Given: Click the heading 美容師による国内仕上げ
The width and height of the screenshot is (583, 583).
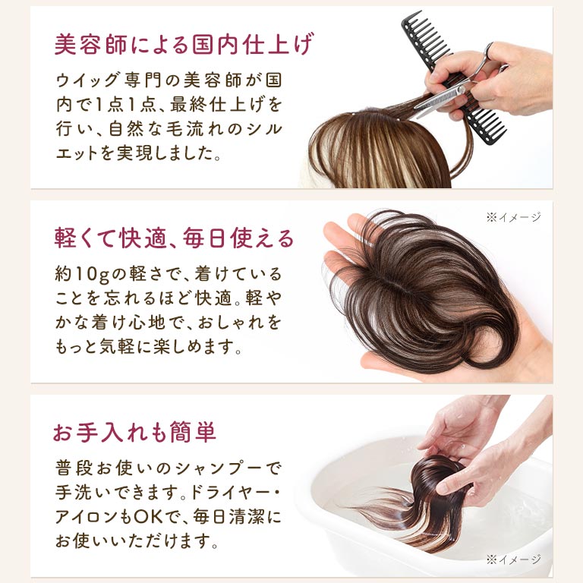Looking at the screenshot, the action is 184,44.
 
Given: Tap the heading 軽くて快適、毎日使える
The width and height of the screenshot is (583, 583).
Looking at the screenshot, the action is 174,238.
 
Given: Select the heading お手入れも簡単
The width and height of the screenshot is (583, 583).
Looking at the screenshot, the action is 134,432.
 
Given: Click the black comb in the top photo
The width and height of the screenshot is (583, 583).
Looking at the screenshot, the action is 454,74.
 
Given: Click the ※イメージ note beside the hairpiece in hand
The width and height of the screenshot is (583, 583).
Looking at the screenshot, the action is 513,217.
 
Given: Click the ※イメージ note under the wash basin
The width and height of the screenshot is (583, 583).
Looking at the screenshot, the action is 513,559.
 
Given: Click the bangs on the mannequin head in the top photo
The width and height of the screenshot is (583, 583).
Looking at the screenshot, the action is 376,153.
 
